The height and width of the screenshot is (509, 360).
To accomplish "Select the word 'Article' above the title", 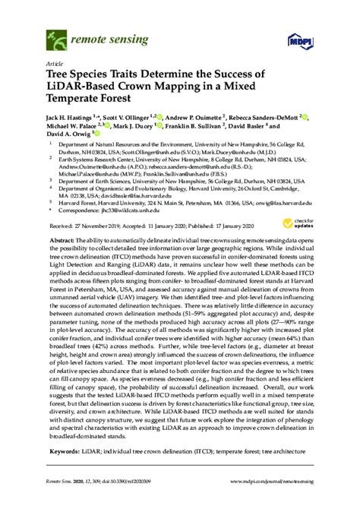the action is click(55, 64).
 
